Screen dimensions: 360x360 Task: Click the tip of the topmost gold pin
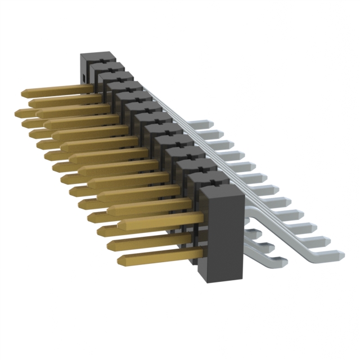point(25,92)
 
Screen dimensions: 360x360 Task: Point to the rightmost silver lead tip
point(341,254)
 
